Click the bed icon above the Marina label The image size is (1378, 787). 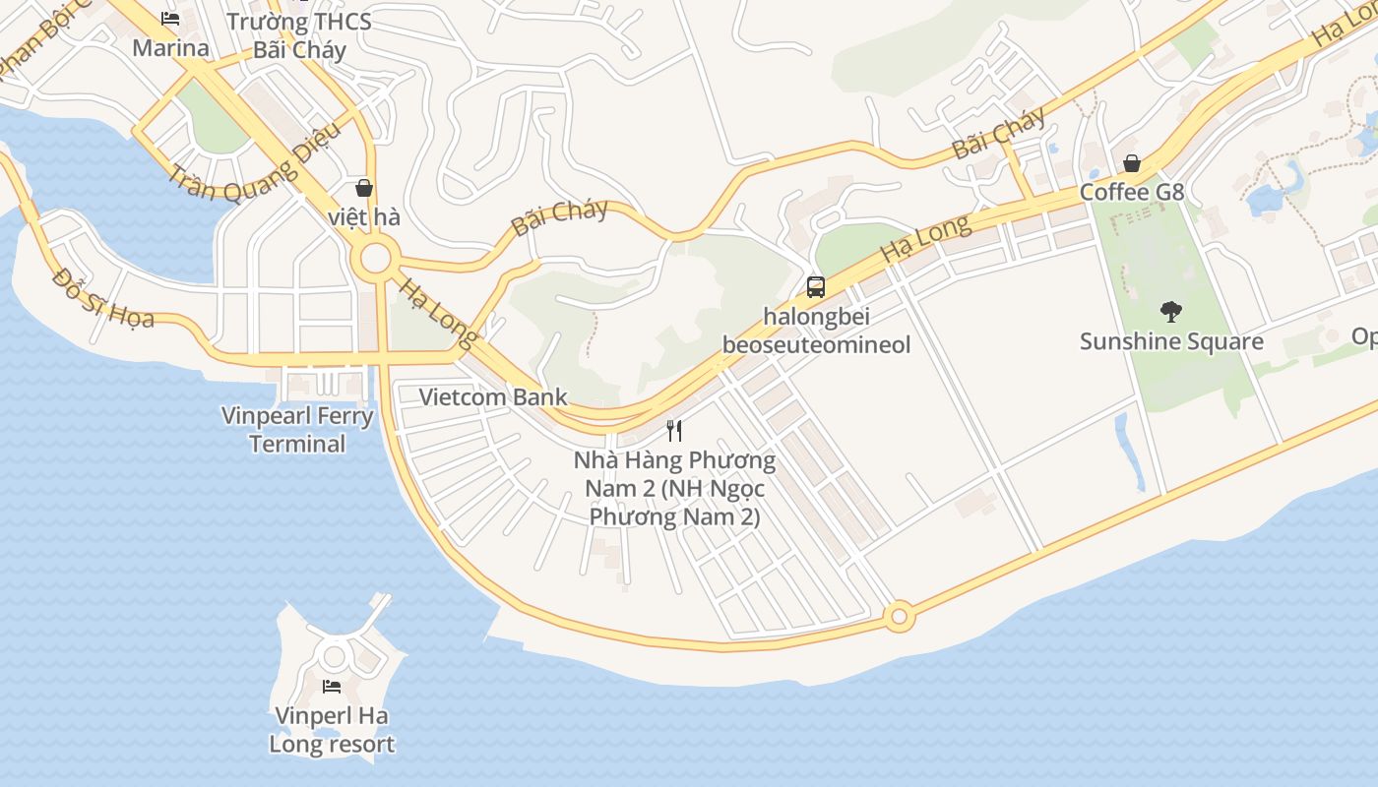click(170, 18)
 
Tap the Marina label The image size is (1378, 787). click(170, 48)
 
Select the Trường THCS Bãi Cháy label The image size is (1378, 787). click(299, 35)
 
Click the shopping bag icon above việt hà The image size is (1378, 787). click(364, 187)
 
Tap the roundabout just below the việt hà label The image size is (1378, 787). click(375, 260)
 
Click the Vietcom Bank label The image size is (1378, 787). click(493, 397)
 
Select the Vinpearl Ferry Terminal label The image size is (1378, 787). click(297, 429)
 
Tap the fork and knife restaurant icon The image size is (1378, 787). click(674, 430)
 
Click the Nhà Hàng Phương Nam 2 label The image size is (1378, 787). click(674, 488)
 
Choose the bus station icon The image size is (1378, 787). click(816, 287)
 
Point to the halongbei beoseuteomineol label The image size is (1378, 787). click(816, 331)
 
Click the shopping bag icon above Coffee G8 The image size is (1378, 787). click(1132, 163)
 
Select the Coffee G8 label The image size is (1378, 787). click(1132, 192)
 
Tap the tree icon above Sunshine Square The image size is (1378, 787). click(1170, 312)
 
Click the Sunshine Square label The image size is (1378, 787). click(1171, 341)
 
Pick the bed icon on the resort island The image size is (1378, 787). click(332, 686)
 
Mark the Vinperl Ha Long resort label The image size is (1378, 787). click(332, 729)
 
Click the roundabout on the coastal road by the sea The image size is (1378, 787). click(898, 618)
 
